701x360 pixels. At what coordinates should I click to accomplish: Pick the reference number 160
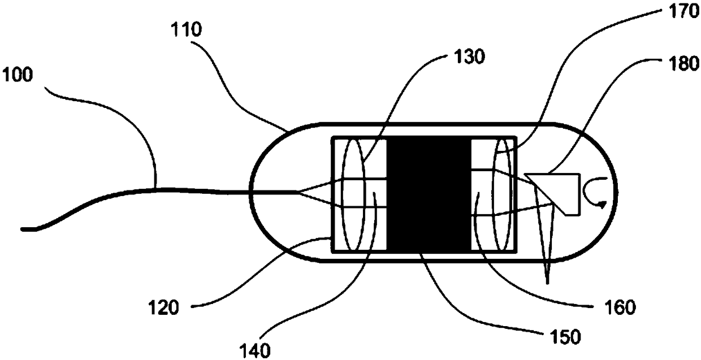[621, 307]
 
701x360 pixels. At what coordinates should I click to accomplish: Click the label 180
[684, 65]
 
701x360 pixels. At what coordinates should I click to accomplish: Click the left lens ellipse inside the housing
[354, 194]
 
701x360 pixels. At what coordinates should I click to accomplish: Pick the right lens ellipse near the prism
[504, 194]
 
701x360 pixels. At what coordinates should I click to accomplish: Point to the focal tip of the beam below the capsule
[547, 281]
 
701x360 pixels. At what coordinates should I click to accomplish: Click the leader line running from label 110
[237, 85]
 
